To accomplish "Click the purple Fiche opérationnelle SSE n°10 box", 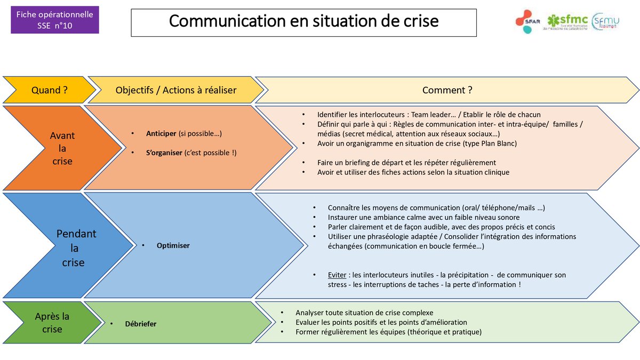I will tap(54, 20).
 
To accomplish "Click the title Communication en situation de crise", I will tap(303, 21).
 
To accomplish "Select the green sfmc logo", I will tap(565, 22).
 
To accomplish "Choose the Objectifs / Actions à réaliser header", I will tap(175, 90).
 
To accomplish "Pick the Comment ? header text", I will tap(447, 90).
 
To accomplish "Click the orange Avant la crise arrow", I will tap(61, 148).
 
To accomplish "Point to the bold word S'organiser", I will tap(164, 153).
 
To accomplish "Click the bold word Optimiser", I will tap(173, 245).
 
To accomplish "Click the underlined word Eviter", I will tap(337, 275).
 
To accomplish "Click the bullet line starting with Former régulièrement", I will tap(388, 332).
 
